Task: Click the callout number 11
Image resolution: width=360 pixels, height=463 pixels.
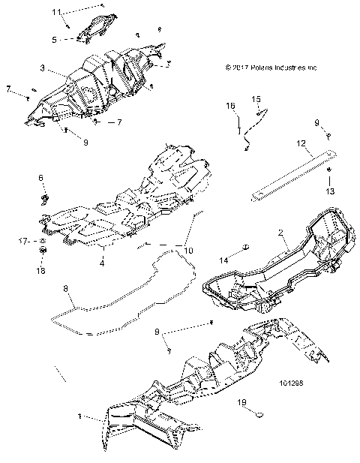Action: pyautogui.click(x=56, y=13)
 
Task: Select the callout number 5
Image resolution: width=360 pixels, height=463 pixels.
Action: pyautogui.click(x=54, y=39)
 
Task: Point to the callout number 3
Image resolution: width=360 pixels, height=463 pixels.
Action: pyautogui.click(x=43, y=68)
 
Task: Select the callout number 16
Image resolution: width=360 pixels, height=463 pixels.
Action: pyautogui.click(x=231, y=107)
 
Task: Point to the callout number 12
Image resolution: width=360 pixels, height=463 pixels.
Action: pyautogui.click(x=299, y=143)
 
